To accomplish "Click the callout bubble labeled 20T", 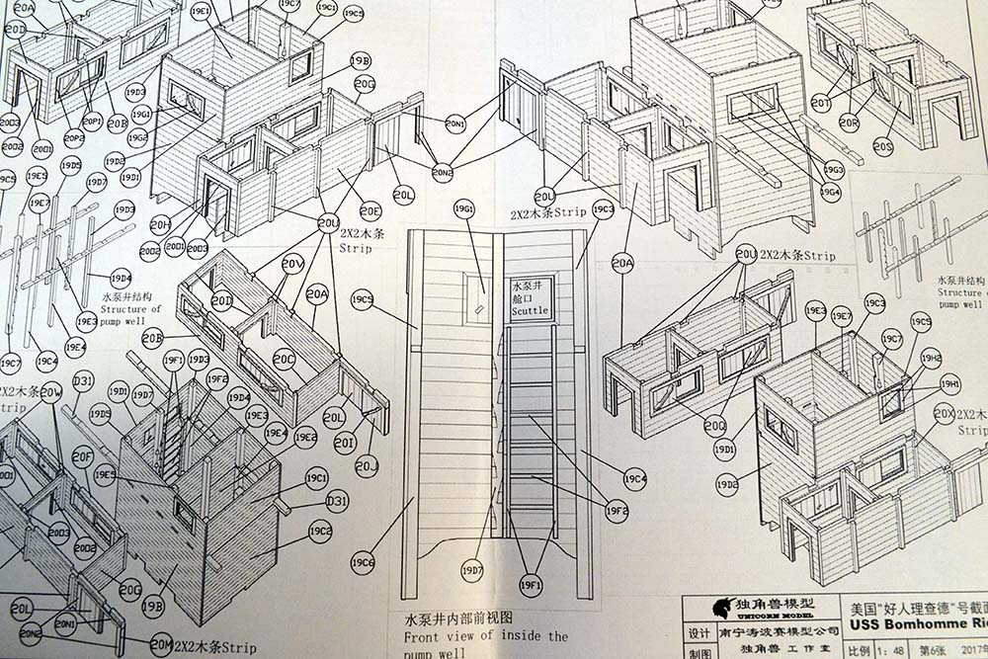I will [821, 103].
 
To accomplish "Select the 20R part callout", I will [849, 122].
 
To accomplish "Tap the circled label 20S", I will [882, 147].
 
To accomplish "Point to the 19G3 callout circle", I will [833, 169].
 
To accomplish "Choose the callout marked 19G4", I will [830, 192].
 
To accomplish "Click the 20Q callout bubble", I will [715, 426].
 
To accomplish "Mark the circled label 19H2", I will [931, 358].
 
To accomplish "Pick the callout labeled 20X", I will [945, 414].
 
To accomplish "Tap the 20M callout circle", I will [161, 646].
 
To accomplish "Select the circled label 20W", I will [50, 392].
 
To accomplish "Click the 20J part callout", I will [367, 464].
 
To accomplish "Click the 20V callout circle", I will [292, 264].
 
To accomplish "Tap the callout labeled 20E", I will [370, 209].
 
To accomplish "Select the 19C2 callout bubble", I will [320, 531].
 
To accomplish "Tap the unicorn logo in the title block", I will [707, 607].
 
